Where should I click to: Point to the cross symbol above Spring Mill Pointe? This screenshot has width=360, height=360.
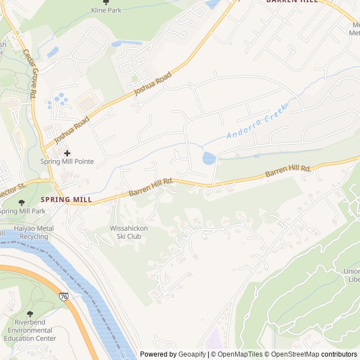click(x=67, y=152)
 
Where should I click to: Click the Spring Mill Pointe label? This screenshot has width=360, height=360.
click(x=67, y=162)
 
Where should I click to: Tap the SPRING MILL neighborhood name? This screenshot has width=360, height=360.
click(x=66, y=200)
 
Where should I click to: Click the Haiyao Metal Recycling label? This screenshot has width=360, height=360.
click(x=27, y=233)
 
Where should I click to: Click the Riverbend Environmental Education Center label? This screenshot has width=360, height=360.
click(x=30, y=330)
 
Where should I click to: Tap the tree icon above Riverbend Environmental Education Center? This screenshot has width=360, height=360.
click(x=30, y=314)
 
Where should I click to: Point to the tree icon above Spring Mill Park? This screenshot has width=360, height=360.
click(x=21, y=202)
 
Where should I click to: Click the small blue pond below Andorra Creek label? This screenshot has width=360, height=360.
click(x=209, y=158)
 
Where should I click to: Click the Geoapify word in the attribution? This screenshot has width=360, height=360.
click(x=192, y=354)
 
